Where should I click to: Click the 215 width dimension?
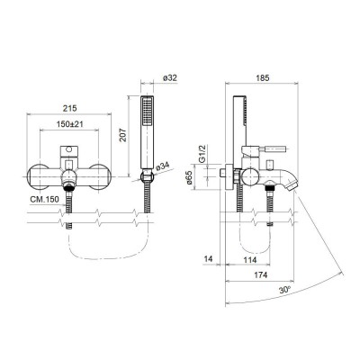(69, 105)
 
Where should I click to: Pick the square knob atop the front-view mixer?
(69, 148)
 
